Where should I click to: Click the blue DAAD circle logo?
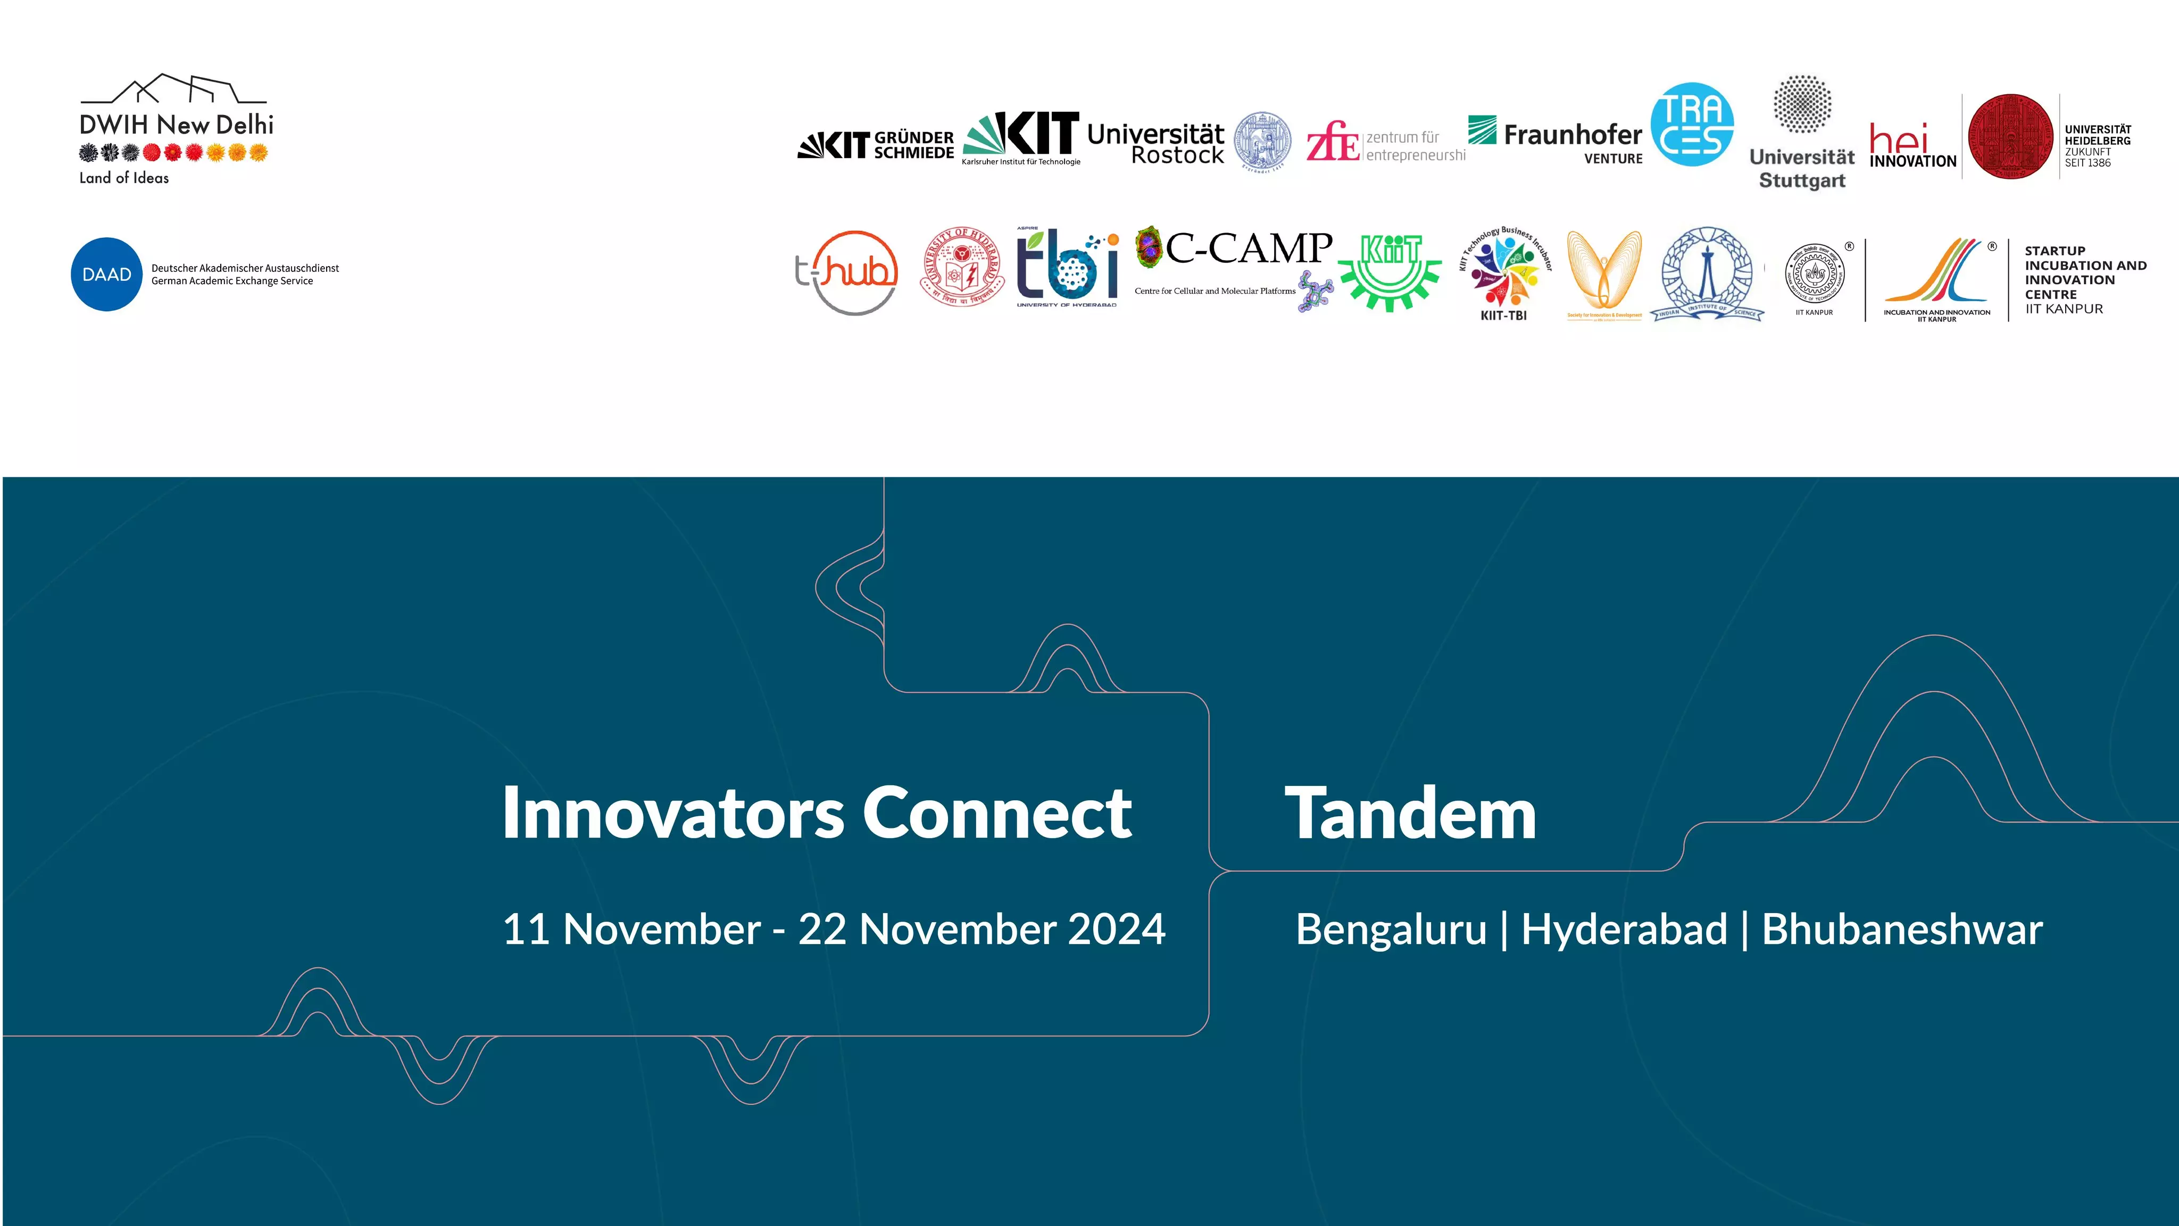(106, 274)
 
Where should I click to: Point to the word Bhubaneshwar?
(1901, 929)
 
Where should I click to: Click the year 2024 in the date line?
(1117, 929)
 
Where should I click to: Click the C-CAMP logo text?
(1249, 248)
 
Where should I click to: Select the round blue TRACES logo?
(1692, 125)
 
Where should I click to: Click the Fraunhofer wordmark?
(1571, 135)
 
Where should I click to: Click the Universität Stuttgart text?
(1802, 168)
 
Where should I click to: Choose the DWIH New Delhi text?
(176, 125)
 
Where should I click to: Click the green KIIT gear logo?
(1390, 271)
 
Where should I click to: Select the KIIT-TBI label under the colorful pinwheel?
(1503, 316)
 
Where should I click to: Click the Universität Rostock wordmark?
(1155, 144)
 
